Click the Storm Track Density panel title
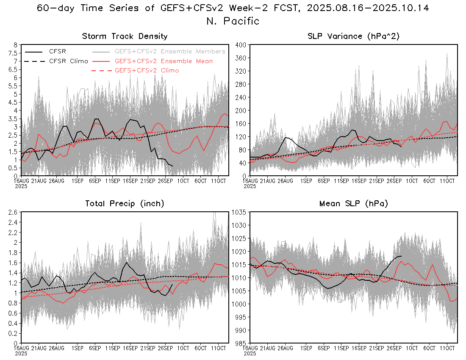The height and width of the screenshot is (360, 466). [x=125, y=36]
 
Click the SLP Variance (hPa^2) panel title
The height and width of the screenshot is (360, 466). [x=354, y=36]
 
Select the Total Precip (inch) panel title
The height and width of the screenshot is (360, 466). [x=125, y=204]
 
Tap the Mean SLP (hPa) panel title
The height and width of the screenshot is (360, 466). [x=354, y=204]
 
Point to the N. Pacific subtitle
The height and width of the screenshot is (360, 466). [x=233, y=21]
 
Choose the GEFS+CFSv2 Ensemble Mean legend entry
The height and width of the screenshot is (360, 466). [x=164, y=61]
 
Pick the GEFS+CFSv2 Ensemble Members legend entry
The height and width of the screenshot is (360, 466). [x=170, y=51]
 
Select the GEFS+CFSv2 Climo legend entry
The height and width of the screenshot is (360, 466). [x=147, y=70]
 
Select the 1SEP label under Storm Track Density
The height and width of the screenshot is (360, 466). [x=77, y=181]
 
